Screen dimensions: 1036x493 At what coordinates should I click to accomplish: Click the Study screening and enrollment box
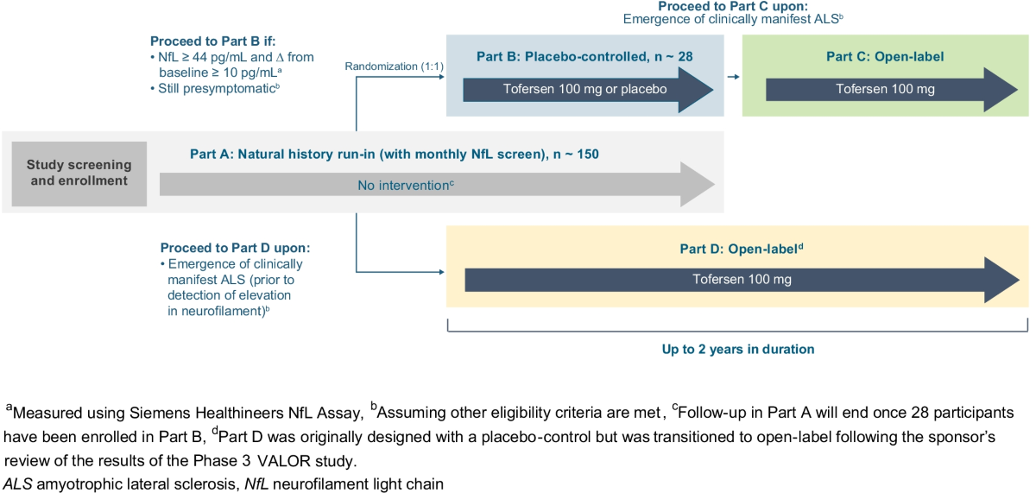79,173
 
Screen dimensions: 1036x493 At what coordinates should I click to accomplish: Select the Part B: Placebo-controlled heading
585,57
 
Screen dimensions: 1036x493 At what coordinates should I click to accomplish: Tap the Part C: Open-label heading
885,57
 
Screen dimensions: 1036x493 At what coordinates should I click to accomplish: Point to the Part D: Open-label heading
742,249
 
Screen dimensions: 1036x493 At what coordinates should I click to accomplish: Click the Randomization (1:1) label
394,66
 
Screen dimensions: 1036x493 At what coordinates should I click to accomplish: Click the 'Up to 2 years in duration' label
737,350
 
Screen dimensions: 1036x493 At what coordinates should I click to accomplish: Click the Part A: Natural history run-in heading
394,155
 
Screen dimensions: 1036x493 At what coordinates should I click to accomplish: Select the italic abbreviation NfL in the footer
245,484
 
